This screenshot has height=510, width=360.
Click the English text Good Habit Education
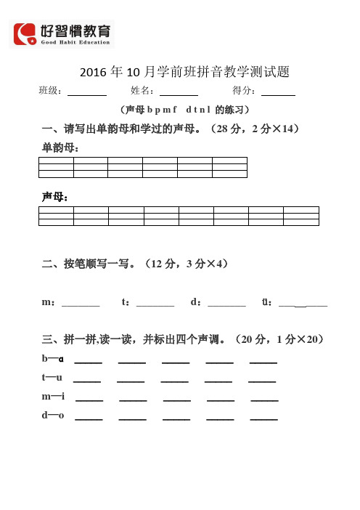coord(75,42)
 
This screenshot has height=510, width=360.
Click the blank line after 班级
coord(87,92)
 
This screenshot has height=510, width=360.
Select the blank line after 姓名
coord(179,92)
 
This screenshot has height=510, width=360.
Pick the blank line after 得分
coord(278,92)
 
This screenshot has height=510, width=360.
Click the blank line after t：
coord(155,303)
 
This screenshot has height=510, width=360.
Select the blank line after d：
coord(226,303)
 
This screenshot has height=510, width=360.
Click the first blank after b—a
coord(88,361)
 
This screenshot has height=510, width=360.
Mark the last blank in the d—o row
coord(263,418)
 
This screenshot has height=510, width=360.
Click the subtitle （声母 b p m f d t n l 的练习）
coord(185,110)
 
